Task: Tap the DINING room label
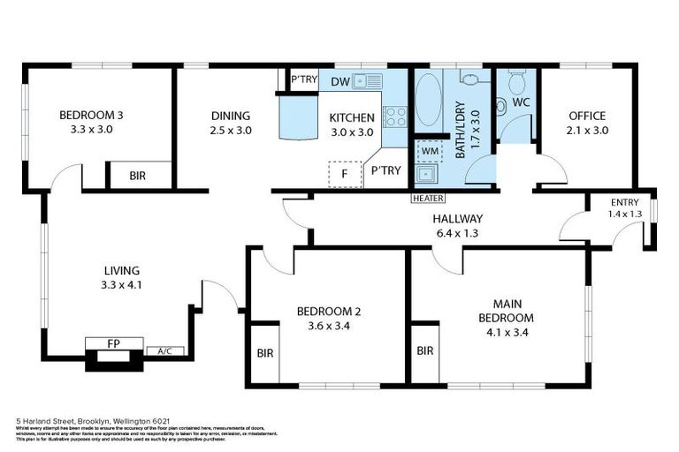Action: (x=231, y=116)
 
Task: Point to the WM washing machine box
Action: (x=431, y=151)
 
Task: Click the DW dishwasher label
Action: (x=340, y=81)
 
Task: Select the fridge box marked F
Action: (x=344, y=174)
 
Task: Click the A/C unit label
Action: (x=164, y=351)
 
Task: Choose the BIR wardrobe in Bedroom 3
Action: (x=137, y=176)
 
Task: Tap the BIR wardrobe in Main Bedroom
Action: (x=424, y=351)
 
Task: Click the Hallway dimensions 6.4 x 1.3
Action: (x=457, y=233)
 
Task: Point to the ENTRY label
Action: (x=625, y=203)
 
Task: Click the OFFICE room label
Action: (x=587, y=116)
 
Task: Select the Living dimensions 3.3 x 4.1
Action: (x=121, y=285)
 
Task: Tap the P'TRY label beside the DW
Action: (x=304, y=79)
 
